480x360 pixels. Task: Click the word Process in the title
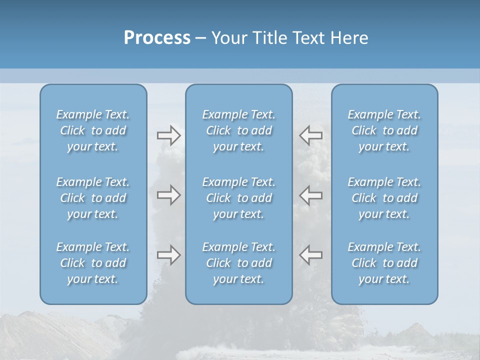click(157, 38)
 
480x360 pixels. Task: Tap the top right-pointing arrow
click(168, 135)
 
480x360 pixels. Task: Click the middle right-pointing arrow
click(168, 195)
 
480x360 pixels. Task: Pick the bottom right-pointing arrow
click(168, 255)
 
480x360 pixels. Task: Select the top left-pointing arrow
click(311, 135)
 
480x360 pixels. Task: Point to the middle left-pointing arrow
click(311, 195)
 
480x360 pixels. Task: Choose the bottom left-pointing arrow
click(311, 255)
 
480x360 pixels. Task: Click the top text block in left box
click(93, 130)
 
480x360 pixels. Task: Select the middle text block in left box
click(93, 198)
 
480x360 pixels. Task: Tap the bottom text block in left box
click(93, 263)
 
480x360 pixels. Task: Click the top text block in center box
click(239, 130)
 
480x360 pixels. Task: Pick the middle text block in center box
click(239, 198)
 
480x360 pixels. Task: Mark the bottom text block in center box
click(239, 263)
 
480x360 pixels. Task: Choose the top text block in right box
click(384, 130)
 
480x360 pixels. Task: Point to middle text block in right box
click(384, 198)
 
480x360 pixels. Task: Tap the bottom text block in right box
click(384, 263)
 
